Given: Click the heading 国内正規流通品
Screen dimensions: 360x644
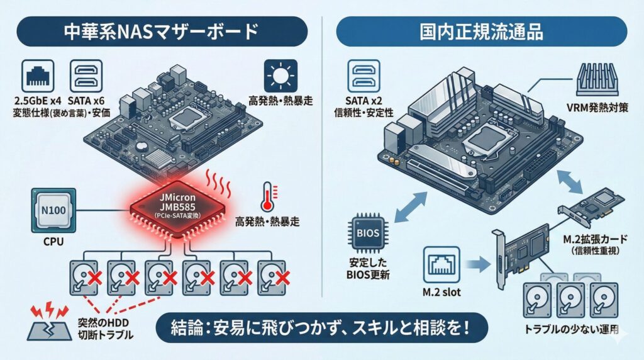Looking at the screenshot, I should [x=482, y=31].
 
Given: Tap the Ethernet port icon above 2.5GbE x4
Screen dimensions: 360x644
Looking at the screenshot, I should [x=37, y=77].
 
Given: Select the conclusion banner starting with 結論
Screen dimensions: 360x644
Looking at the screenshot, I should [x=321, y=328].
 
